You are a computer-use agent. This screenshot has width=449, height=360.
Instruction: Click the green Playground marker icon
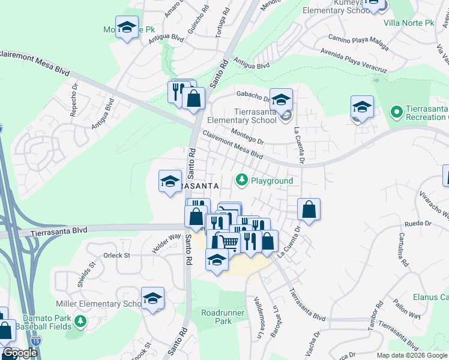[x=241, y=179]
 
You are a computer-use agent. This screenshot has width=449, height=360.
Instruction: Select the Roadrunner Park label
[x=216, y=317]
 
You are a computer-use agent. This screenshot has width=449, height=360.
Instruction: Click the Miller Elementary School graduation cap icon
[x=153, y=298]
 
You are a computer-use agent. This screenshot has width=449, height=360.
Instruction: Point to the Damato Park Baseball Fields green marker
[x=79, y=323]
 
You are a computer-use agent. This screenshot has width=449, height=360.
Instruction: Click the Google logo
[x=20, y=353]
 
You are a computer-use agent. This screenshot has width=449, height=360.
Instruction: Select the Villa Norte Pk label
[x=408, y=23]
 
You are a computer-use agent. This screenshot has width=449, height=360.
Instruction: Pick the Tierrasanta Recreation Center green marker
[x=396, y=112]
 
